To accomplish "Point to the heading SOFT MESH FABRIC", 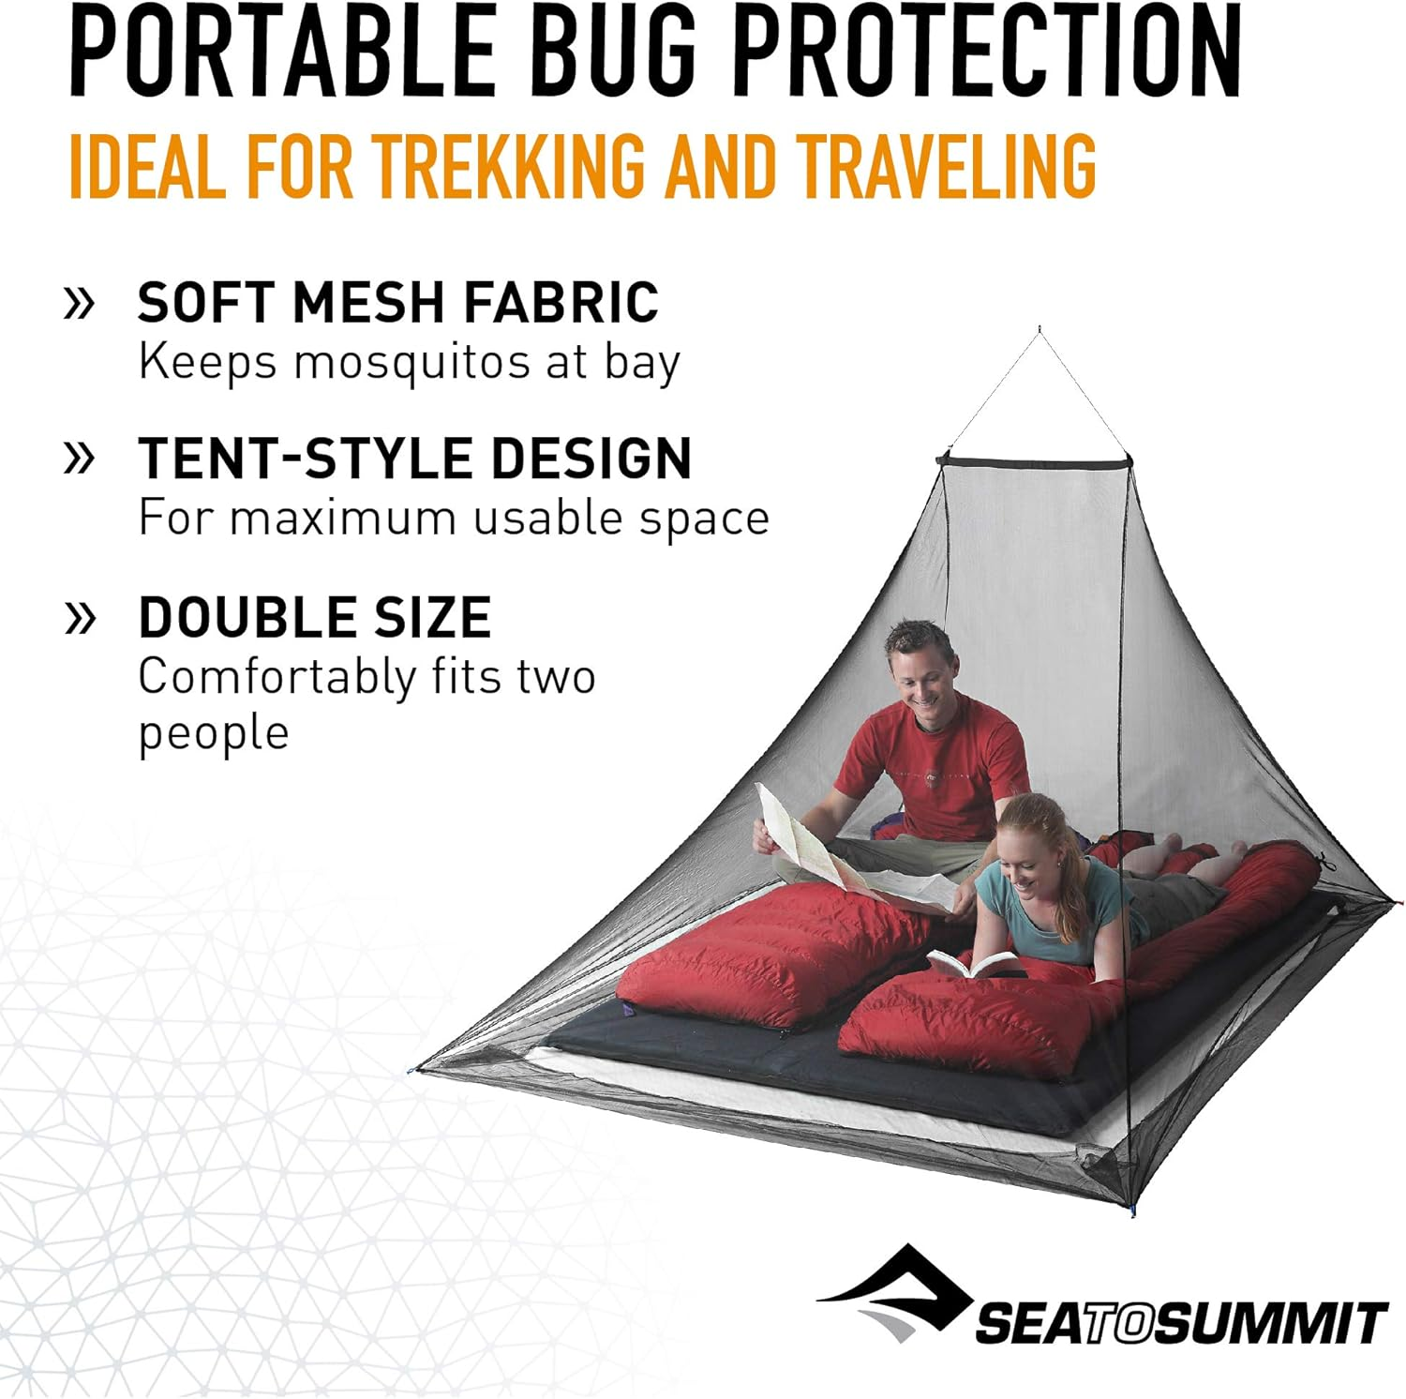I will pyautogui.click(x=398, y=303).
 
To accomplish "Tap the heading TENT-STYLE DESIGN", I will pyautogui.click(x=414, y=459).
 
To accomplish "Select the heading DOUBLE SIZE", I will pyautogui.click(x=315, y=617).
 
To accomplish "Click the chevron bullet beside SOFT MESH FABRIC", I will pyautogui.click(x=80, y=303).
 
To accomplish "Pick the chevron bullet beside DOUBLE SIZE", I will pyautogui.click(x=80, y=617).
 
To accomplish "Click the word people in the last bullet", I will pyautogui.click(x=214, y=732).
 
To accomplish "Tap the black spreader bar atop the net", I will pyautogui.click(x=1035, y=459).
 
